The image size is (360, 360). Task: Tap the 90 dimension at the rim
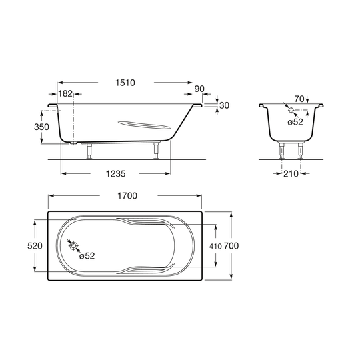tap(199, 89)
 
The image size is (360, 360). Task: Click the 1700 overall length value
tap(127, 195)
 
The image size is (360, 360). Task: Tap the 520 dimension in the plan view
tap(35, 245)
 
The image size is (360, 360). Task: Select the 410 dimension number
tap(215, 246)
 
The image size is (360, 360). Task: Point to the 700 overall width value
tap(231, 246)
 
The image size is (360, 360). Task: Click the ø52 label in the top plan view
tap(87, 256)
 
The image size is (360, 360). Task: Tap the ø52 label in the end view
tap(295, 121)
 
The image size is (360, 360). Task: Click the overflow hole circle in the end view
tap(291, 109)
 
